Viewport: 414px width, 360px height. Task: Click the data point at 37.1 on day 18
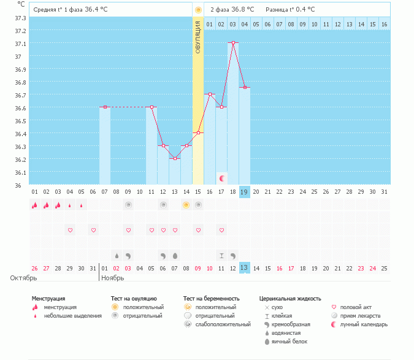click(x=233, y=43)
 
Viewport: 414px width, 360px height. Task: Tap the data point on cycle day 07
click(x=105, y=107)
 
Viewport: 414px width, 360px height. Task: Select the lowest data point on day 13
click(x=175, y=159)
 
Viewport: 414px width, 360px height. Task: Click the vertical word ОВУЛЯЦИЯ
click(x=197, y=37)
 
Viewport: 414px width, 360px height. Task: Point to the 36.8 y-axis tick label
click(x=20, y=82)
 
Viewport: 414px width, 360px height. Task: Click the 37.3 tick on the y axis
click(x=20, y=17)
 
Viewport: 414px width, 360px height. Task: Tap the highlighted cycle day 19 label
click(x=244, y=192)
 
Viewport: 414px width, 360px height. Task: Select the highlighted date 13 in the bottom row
click(x=244, y=267)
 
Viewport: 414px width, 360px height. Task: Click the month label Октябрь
click(x=23, y=278)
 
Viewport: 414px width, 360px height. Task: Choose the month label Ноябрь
click(x=113, y=278)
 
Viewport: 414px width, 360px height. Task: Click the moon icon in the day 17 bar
click(x=221, y=178)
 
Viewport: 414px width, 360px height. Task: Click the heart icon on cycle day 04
click(x=70, y=231)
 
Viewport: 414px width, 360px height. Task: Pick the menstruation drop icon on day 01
click(x=35, y=205)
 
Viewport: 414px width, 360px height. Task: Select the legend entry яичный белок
click(x=290, y=341)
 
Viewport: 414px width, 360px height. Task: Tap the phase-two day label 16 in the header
click(x=384, y=24)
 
